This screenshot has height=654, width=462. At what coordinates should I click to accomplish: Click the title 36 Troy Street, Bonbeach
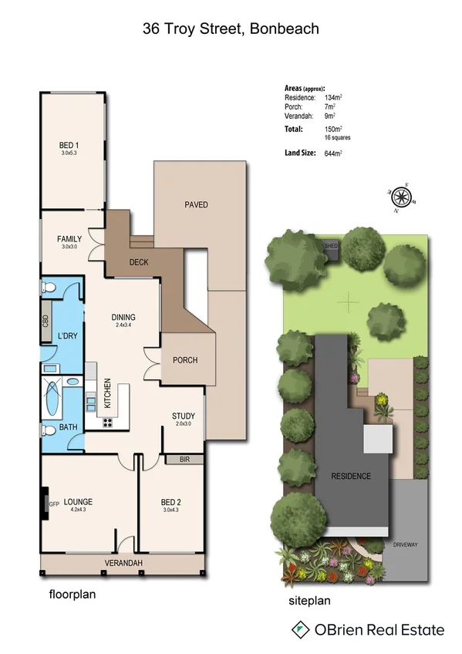pyautogui.click(x=231, y=29)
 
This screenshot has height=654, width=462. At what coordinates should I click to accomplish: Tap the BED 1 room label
pyautogui.click(x=69, y=146)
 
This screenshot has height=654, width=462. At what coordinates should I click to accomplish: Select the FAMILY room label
pyautogui.click(x=69, y=239)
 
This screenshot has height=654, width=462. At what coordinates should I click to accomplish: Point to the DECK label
pyautogui.click(x=139, y=262)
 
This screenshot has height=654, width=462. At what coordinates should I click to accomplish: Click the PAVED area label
pyautogui.click(x=197, y=204)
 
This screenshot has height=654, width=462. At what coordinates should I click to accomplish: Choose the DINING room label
pyautogui.click(x=123, y=317)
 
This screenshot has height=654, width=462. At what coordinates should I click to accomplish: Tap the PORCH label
pyautogui.click(x=185, y=360)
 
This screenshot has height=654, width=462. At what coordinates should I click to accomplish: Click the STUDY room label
pyautogui.click(x=184, y=416)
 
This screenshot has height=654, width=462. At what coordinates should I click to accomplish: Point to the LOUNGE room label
pyautogui.click(x=78, y=501)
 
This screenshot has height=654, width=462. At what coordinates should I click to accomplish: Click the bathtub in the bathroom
pyautogui.click(x=54, y=401)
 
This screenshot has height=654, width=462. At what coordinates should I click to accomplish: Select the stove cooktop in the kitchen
pyautogui.click(x=106, y=421)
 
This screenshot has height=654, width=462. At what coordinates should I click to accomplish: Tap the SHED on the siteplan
pyautogui.click(x=331, y=245)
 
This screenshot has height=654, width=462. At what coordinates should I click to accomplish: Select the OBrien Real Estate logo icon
pyautogui.click(x=300, y=630)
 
